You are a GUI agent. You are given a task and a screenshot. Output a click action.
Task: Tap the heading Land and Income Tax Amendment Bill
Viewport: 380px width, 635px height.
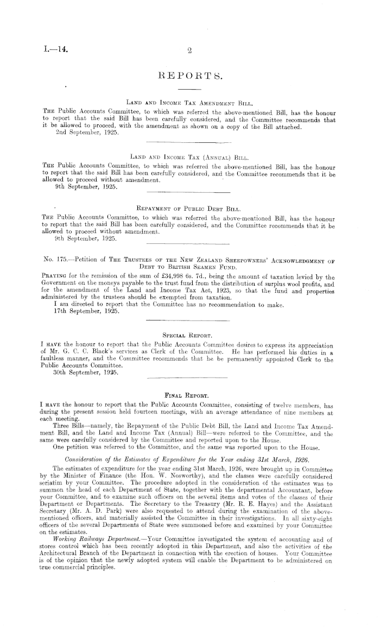(189, 102)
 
